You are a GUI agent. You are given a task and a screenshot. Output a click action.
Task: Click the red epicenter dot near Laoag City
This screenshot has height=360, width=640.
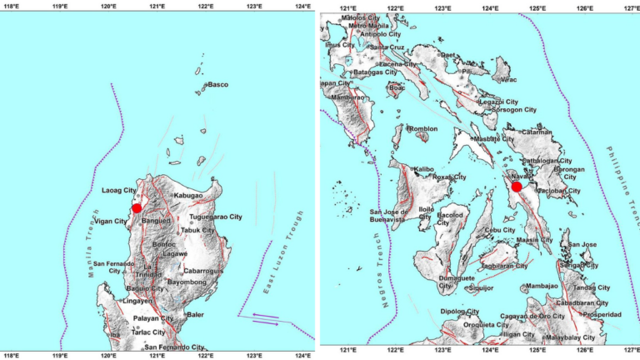(137, 208)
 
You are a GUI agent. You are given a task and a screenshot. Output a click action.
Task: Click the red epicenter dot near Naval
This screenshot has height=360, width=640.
(517, 187)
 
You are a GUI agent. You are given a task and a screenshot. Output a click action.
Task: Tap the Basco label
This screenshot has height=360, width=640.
(217, 85)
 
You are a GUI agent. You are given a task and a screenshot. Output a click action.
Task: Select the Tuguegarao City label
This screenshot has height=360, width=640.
(216, 217)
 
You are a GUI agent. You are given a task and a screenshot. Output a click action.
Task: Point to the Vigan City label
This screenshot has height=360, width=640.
(109, 222)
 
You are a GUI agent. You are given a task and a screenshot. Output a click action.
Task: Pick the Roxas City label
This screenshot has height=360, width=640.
(450, 177)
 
